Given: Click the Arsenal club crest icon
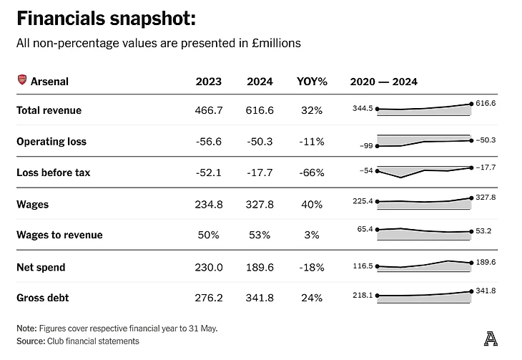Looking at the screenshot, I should point(21,81).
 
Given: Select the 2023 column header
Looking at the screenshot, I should point(208,82).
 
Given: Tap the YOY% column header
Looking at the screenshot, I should point(312,82).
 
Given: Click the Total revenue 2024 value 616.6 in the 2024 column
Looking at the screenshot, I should point(260,110).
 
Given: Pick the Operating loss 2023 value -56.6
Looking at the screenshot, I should point(208,142).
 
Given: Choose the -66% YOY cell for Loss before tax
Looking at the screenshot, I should point(312,172).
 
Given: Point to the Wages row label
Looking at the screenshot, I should point(33,204).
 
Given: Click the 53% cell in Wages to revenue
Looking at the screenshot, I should point(260,235).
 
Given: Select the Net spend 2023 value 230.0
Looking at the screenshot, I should point(208,267).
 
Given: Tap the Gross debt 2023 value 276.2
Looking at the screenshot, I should point(208,298).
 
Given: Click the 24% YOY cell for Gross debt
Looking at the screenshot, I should point(312,298).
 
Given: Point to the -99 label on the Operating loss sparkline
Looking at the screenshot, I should point(367,146).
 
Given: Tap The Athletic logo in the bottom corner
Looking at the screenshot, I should point(490,338).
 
